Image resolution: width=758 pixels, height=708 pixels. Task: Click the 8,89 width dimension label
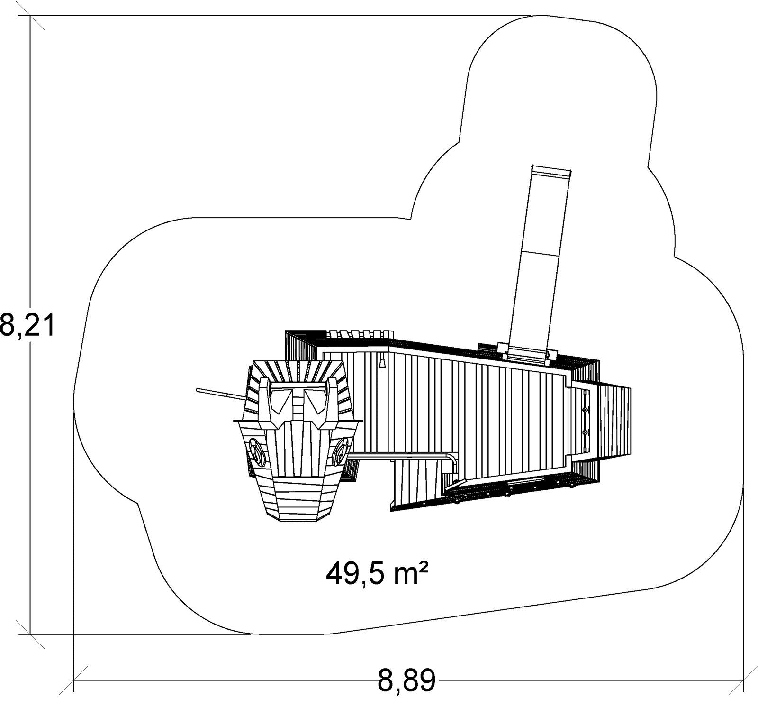406,681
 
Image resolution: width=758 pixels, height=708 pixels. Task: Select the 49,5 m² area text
378,574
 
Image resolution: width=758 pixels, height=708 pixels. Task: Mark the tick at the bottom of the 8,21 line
30,634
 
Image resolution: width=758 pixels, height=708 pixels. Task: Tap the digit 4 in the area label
335,574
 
